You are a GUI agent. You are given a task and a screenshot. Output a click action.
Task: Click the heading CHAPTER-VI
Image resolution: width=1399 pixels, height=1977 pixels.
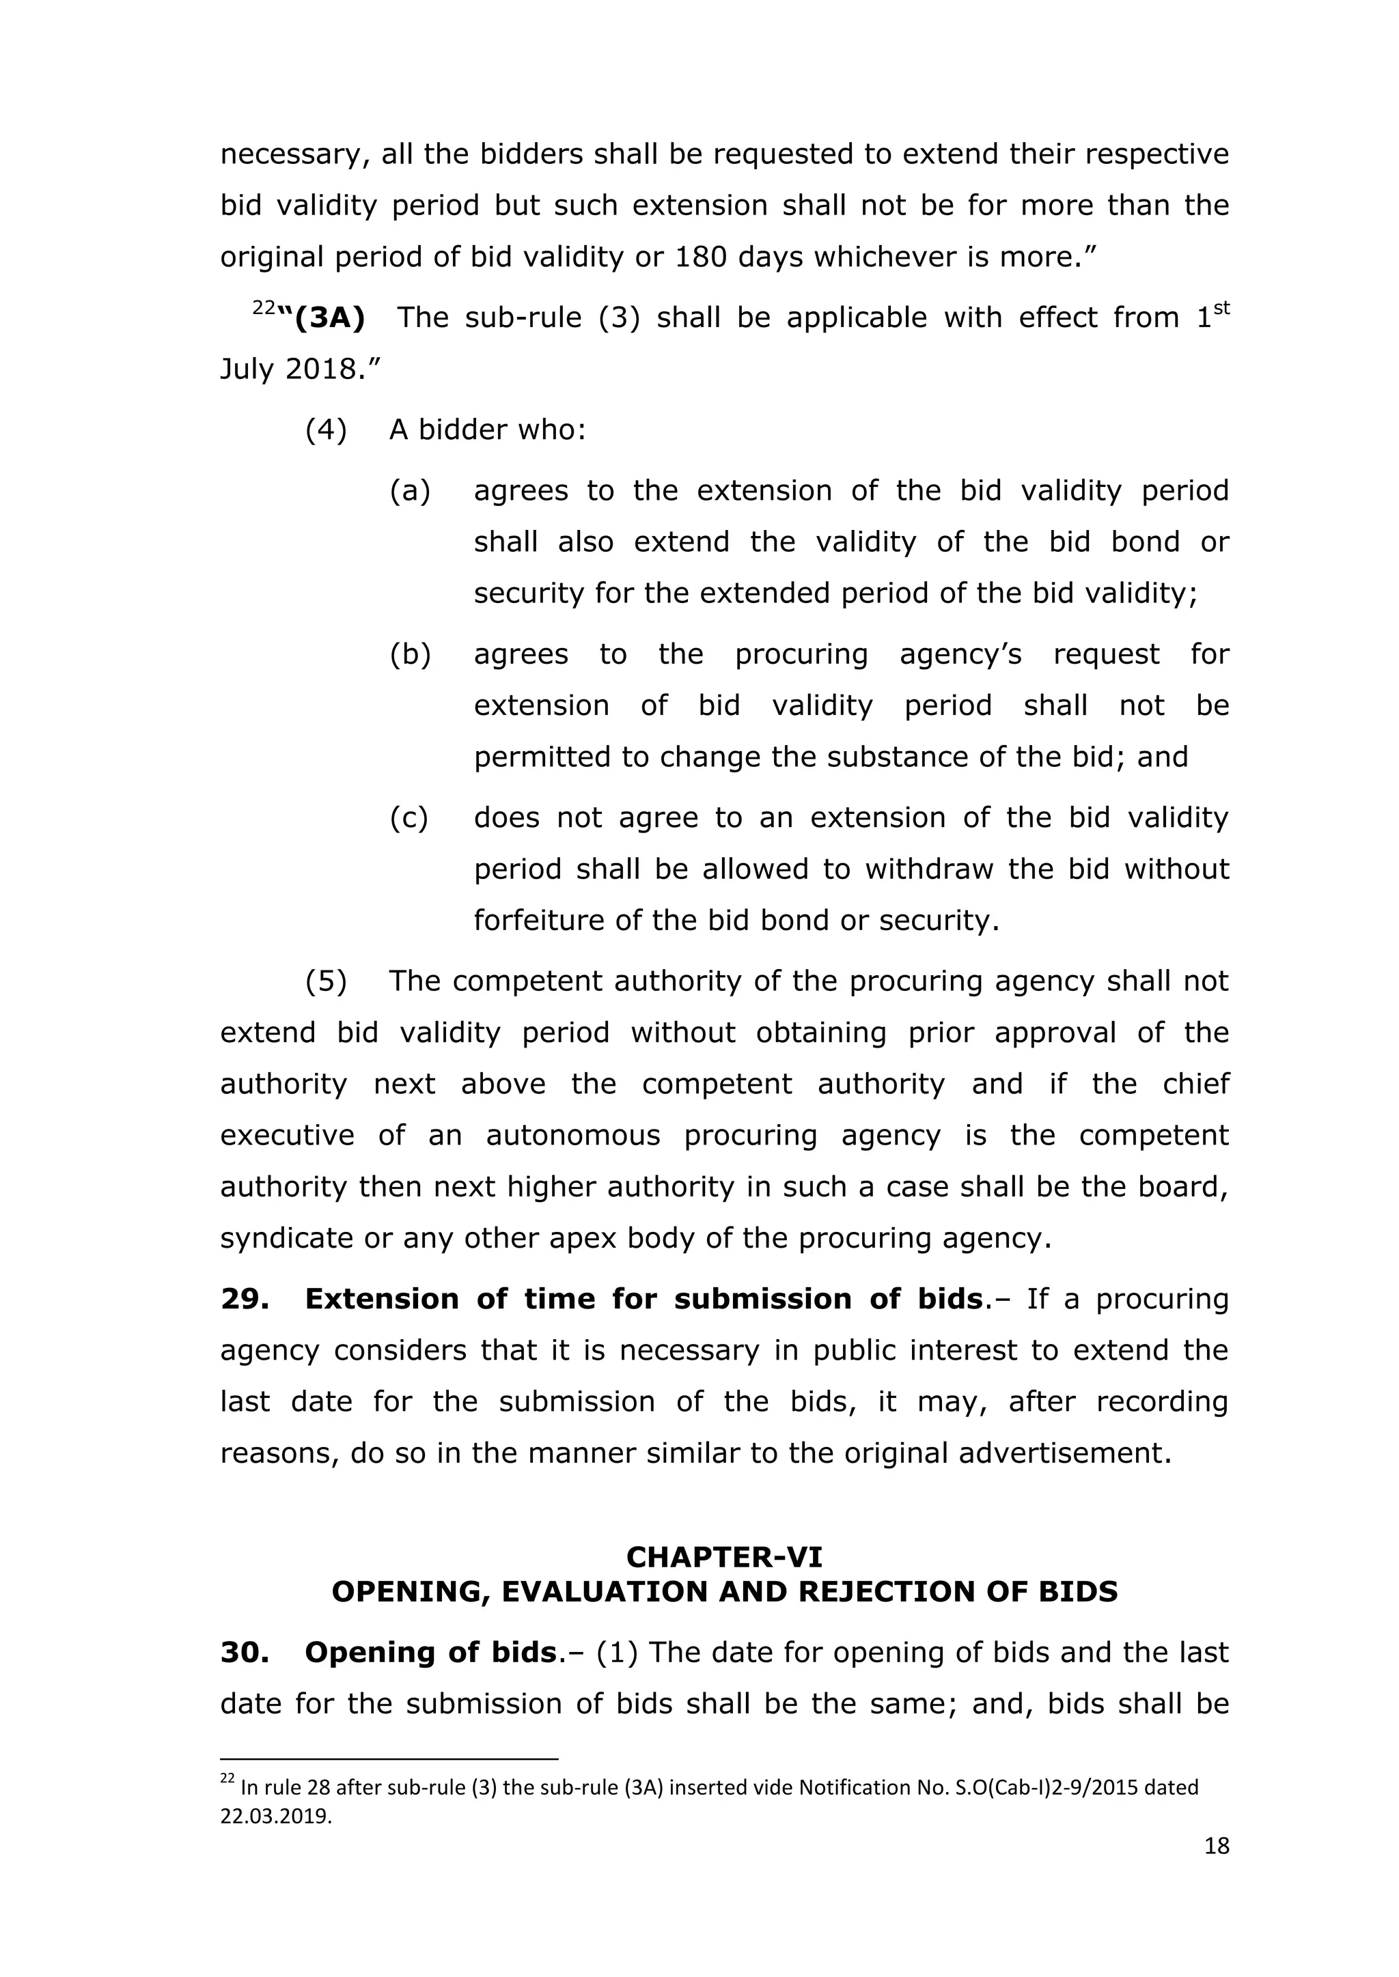click(723, 1557)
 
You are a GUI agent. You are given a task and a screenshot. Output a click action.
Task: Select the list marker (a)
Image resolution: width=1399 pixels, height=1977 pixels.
click(410, 491)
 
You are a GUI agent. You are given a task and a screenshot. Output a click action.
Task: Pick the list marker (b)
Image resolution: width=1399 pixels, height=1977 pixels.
click(410, 654)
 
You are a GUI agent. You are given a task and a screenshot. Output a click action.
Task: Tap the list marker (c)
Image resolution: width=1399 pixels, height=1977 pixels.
click(409, 818)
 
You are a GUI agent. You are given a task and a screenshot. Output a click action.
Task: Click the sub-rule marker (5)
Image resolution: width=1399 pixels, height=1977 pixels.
click(327, 981)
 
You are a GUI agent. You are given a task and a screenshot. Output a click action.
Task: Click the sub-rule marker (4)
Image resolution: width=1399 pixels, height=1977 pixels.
click(327, 430)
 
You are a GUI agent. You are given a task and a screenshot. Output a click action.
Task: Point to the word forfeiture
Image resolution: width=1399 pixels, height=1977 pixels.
click(538, 921)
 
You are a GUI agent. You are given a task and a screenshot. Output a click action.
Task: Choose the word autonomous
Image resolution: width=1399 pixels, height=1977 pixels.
click(573, 1136)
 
